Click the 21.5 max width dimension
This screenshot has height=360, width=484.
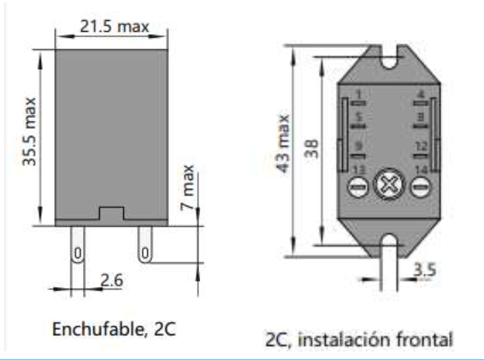pyautogui.click(x=114, y=26)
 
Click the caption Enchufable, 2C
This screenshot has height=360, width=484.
pyautogui.click(x=113, y=327)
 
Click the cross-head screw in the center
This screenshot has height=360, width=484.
pyautogui.click(x=386, y=186)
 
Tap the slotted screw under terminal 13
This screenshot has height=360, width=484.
pyautogui.click(x=358, y=187)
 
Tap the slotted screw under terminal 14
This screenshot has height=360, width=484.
pyautogui.click(x=420, y=187)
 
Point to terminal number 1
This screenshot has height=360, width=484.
pyautogui.click(x=358, y=95)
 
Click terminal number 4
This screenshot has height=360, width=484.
pyautogui.click(x=420, y=95)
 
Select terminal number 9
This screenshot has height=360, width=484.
pyautogui.click(x=358, y=145)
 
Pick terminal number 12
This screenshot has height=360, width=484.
pyautogui.click(x=420, y=145)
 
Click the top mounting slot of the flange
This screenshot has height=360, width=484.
pyautogui.click(x=389, y=54)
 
